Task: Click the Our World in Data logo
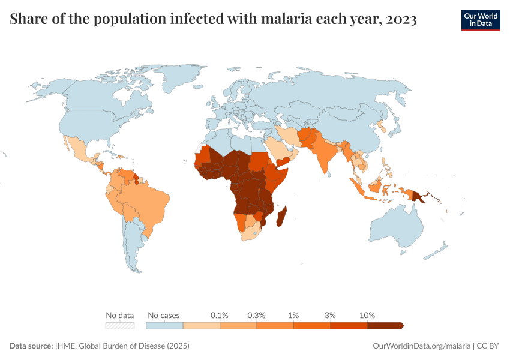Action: (x=480, y=20)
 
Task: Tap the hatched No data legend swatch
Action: (x=119, y=325)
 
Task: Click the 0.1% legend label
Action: (x=220, y=315)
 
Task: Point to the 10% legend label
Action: (x=367, y=315)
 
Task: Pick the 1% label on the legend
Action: (x=293, y=315)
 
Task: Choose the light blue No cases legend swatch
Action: (x=164, y=325)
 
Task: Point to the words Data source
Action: (x=31, y=346)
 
